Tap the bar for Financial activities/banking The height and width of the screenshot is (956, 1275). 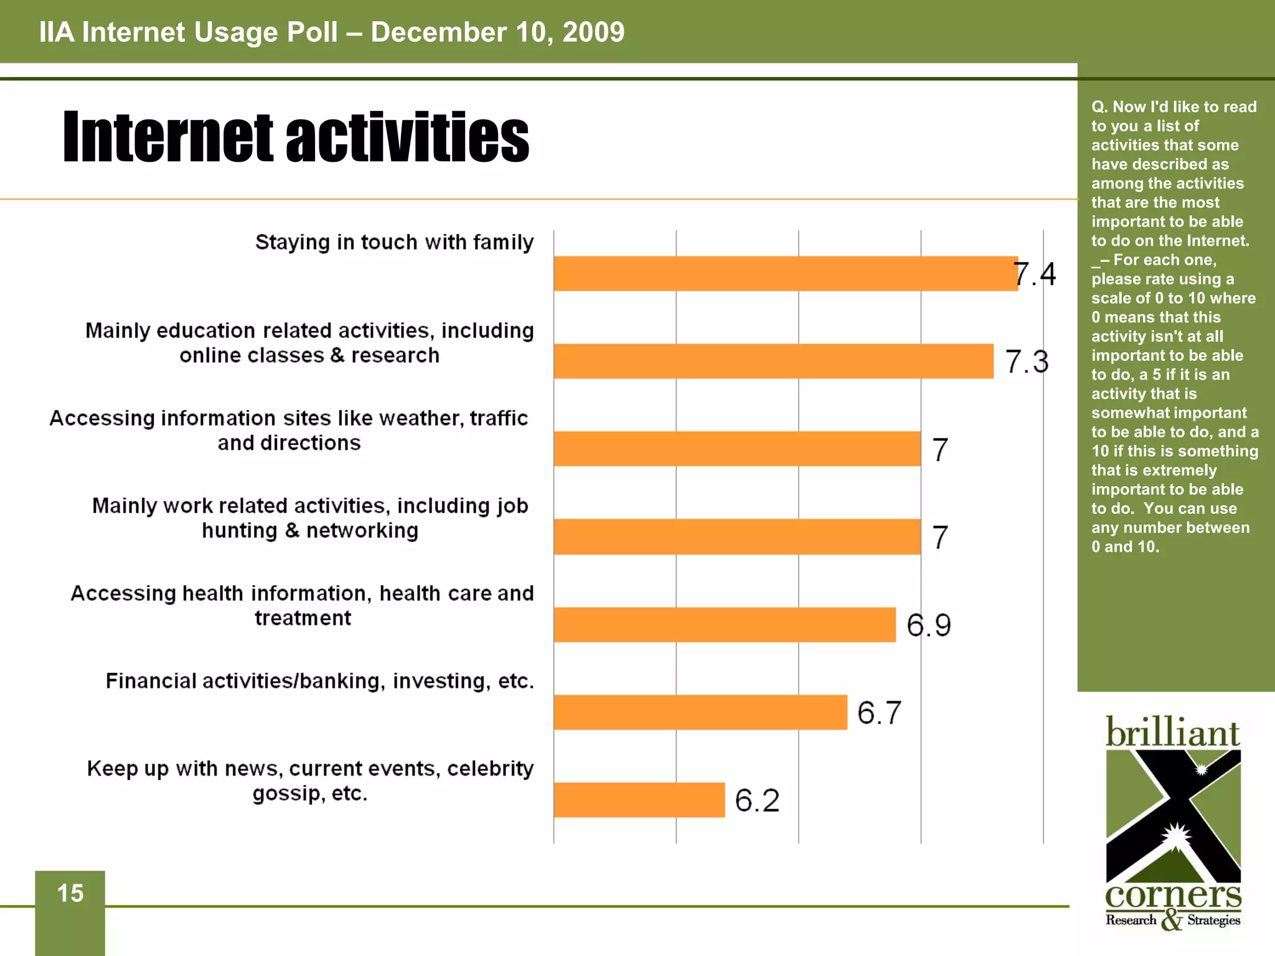(700, 712)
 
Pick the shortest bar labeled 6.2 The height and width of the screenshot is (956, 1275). (639, 800)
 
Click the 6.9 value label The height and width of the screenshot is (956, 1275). (928, 625)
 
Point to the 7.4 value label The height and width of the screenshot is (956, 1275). (1035, 274)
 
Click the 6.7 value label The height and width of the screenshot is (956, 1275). (879, 713)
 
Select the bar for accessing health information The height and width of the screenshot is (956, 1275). (725, 624)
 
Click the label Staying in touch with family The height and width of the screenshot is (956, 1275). (394, 242)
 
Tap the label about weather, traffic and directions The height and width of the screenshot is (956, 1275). (289, 430)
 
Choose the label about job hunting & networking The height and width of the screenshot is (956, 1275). (310, 518)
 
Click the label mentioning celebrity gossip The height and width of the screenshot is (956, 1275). (310, 780)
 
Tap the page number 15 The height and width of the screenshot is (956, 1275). (70, 893)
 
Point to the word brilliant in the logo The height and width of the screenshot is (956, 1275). (1172, 733)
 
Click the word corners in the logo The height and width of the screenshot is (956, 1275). (1173, 896)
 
